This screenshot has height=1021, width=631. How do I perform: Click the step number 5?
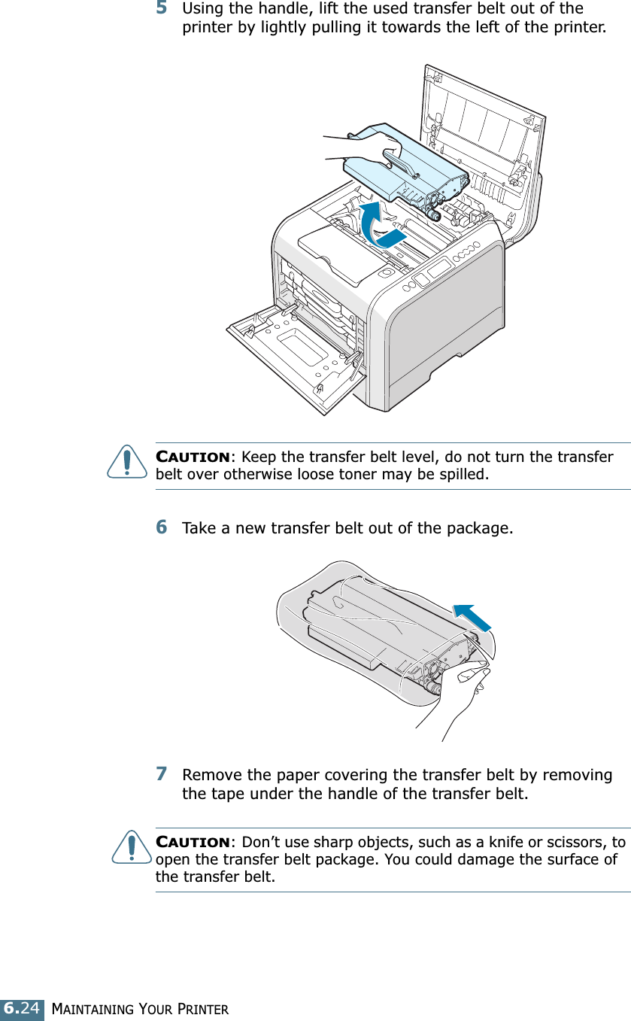point(162,10)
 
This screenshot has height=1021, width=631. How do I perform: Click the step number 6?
point(162,527)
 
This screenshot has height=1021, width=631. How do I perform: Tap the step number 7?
point(162,774)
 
